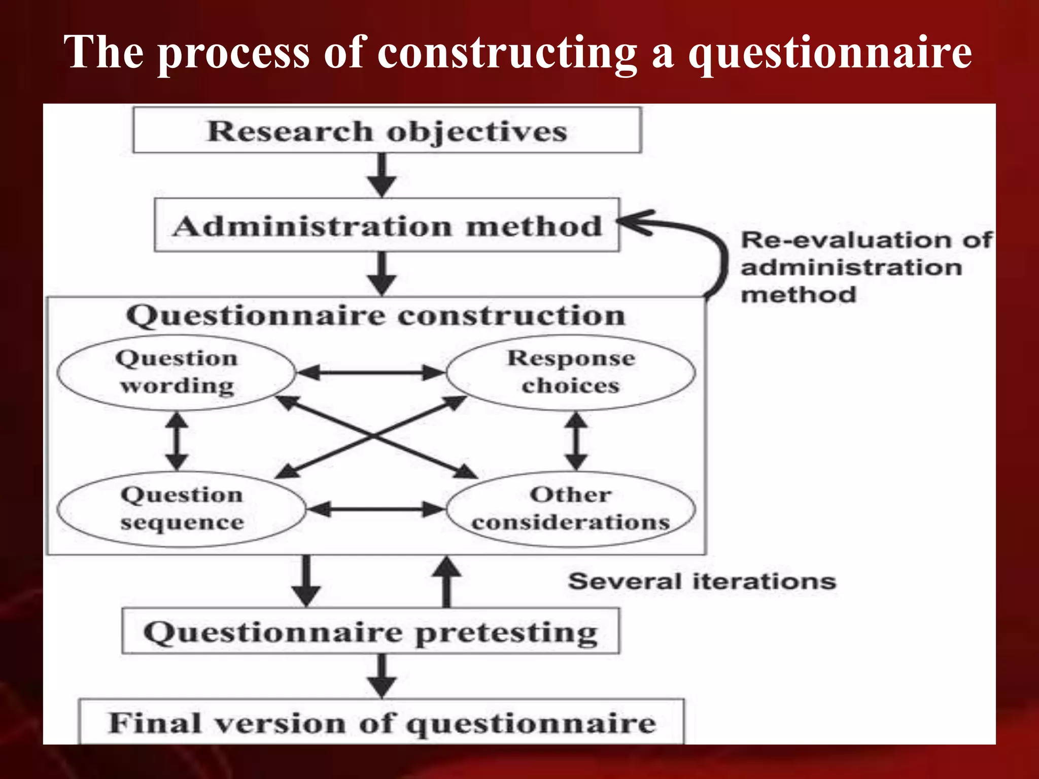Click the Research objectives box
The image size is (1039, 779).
387,130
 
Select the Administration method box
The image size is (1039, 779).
387,225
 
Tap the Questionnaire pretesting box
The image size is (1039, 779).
370,632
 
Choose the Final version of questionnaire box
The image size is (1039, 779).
382,722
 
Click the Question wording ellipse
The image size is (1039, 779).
176,372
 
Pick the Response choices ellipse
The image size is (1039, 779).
571,372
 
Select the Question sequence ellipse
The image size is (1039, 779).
182,509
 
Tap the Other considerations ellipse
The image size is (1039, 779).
571,509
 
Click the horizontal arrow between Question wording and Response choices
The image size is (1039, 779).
370,373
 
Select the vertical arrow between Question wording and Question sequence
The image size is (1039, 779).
177,440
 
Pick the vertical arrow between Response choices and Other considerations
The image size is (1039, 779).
576,440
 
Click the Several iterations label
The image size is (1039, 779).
702,581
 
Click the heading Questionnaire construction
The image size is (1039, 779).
375,315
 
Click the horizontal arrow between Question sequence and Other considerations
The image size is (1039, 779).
375,509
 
